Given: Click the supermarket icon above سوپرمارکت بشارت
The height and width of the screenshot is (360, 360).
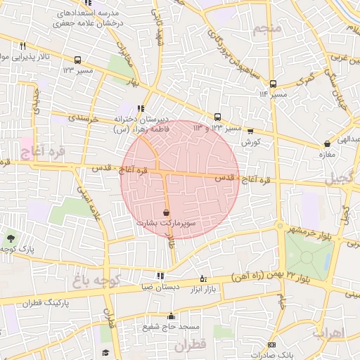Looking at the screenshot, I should pyautogui.click(x=166, y=212).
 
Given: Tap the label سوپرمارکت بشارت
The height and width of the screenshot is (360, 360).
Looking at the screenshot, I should pyautogui.click(x=166, y=222).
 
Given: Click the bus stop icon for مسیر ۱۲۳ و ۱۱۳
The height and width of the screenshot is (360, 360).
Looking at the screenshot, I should pyautogui.click(x=217, y=117).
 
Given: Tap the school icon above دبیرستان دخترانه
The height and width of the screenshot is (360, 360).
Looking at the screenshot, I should pyautogui.click(x=141, y=108).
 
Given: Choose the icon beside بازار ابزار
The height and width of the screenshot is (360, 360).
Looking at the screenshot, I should pyautogui.click(x=204, y=278).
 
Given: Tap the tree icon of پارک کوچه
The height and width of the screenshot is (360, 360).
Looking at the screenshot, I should pyautogui.click(x=10, y=238).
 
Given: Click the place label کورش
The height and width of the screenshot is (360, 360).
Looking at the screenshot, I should pyautogui.click(x=251, y=142).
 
